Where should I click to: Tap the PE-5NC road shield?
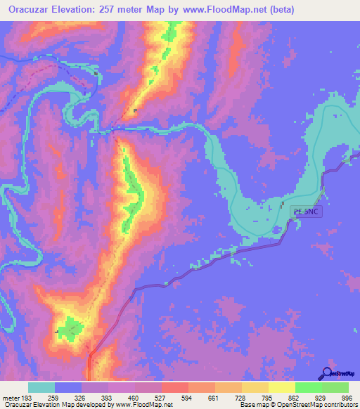[306, 211]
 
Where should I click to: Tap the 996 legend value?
[346, 397]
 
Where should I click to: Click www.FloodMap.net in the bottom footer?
[144, 405]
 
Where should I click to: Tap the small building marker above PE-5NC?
[283, 204]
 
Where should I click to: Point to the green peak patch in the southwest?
[69, 327]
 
